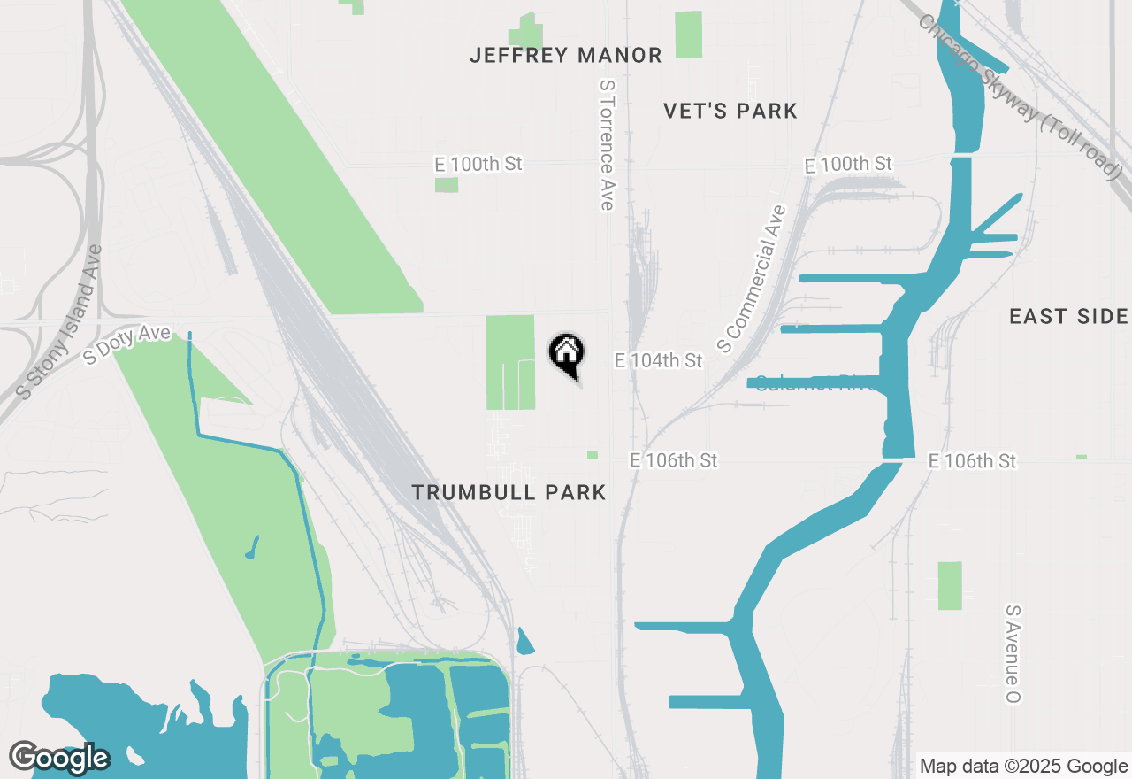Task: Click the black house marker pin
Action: point(566,354)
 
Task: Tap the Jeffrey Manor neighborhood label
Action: point(566,56)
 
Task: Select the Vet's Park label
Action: point(730,111)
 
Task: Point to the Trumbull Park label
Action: point(509,493)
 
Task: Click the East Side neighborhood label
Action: point(1068,316)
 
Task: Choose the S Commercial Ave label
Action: point(752,279)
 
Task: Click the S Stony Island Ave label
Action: point(60,322)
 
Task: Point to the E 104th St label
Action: point(658,360)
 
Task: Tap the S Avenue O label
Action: point(1013,654)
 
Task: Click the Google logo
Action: point(59,758)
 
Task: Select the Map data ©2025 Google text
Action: point(1023,767)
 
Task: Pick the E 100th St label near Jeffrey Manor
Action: point(478,164)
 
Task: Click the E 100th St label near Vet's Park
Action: point(847,165)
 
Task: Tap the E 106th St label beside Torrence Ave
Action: point(673,460)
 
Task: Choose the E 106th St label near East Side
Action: point(972,460)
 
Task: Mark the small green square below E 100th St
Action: point(447,185)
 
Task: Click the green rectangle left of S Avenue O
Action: point(950,585)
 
